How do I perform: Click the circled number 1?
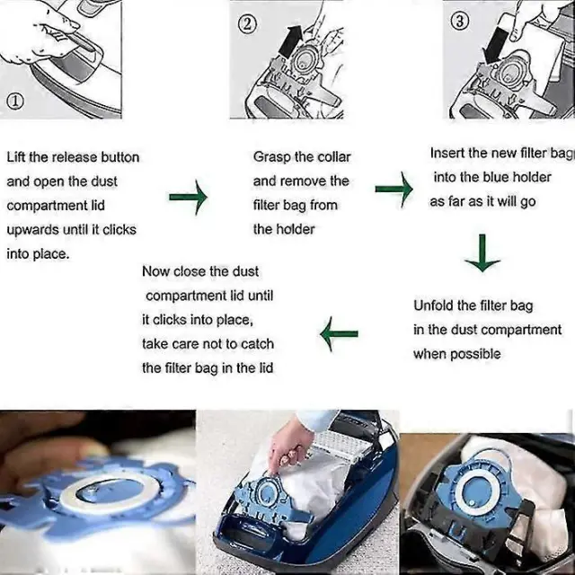click(15, 102)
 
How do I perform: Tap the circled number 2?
click(247, 24)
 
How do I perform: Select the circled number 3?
click(459, 22)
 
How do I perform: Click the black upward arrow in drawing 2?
click(291, 41)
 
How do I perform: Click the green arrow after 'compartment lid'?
click(188, 197)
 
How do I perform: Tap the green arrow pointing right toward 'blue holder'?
click(394, 190)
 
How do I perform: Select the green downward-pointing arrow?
click(482, 252)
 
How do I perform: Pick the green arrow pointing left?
click(339, 333)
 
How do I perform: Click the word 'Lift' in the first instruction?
click(16, 157)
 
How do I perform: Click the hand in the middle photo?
click(289, 446)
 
